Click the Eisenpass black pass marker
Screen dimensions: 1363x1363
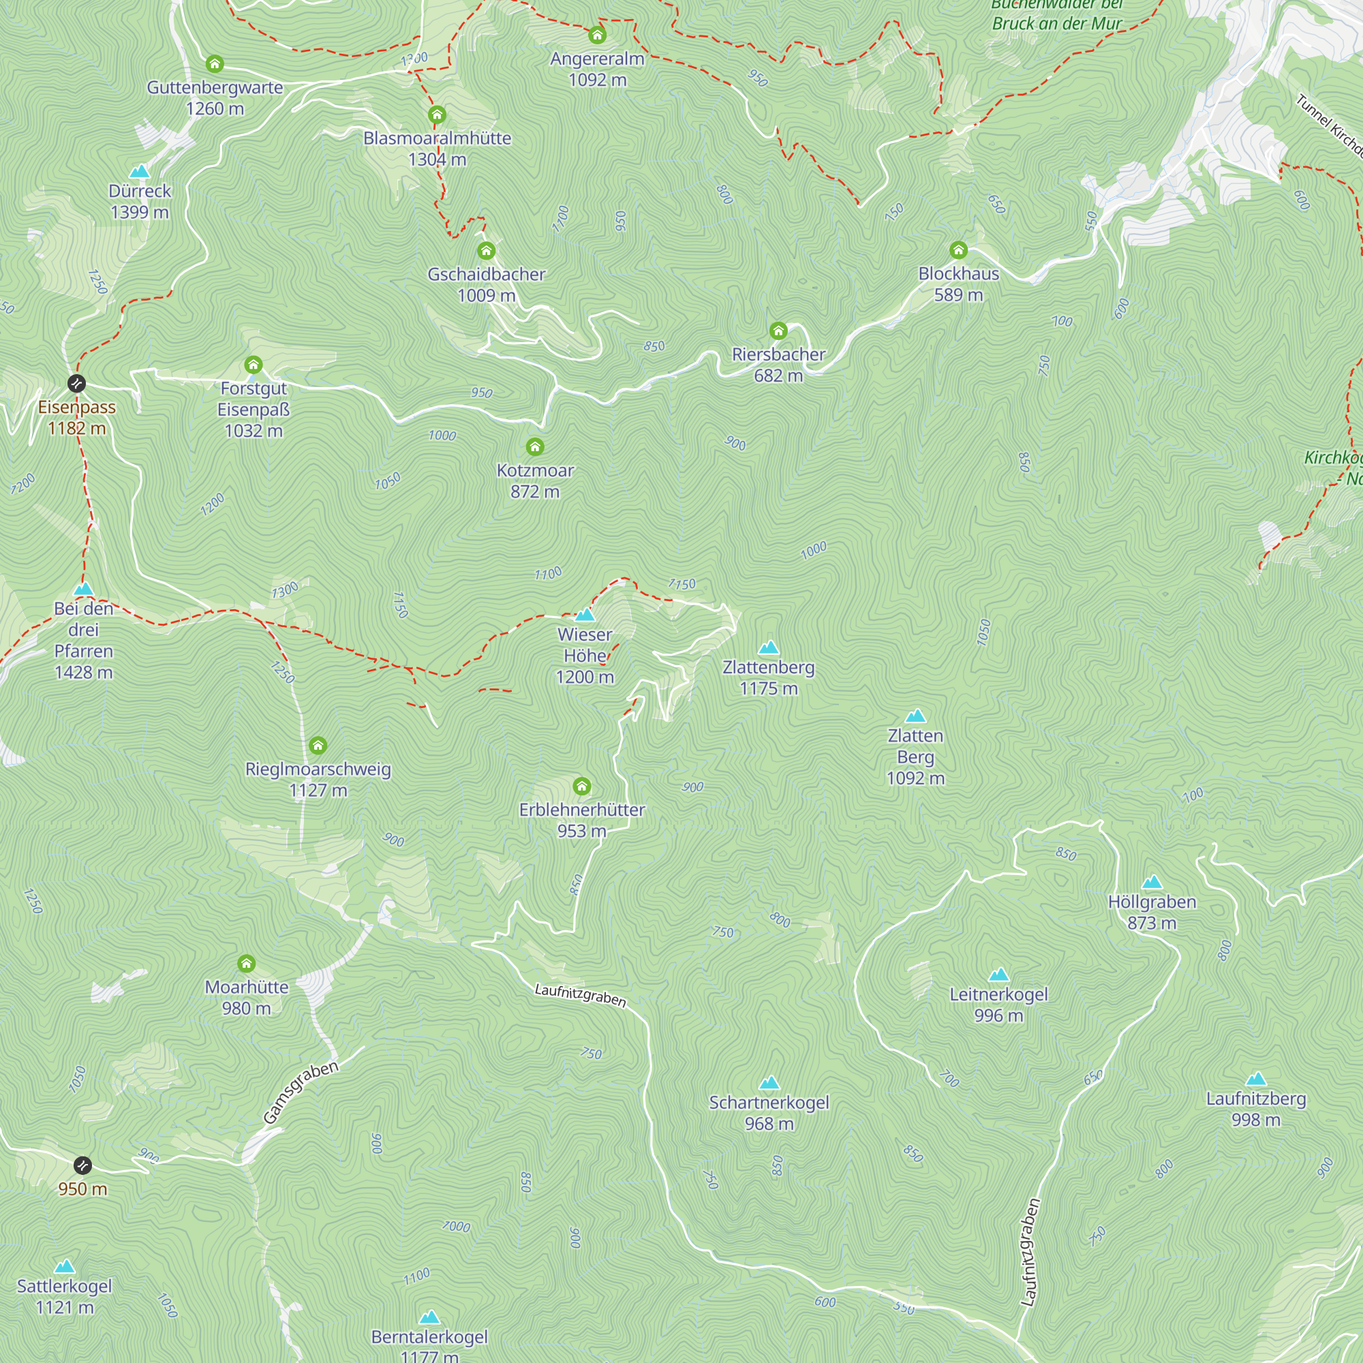coord(76,383)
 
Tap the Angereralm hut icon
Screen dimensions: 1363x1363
coord(597,35)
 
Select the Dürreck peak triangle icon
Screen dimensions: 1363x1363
coord(140,172)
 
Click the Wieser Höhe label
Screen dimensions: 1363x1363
coord(584,656)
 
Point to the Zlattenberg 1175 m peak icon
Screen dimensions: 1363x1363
coord(768,647)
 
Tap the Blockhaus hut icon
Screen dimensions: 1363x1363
coord(958,249)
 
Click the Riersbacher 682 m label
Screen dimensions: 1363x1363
coord(778,365)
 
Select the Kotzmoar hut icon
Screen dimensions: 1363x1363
coord(535,446)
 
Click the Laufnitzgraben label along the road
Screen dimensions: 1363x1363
coord(580,996)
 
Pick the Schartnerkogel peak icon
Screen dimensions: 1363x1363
coord(769,1083)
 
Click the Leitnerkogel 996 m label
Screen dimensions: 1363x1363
coord(998,1005)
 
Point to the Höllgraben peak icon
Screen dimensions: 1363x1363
coord(1151,882)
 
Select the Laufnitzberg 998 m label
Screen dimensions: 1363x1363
coord(1256,1109)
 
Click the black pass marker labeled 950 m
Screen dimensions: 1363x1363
coord(82,1165)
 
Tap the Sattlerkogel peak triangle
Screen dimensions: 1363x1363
coord(64,1266)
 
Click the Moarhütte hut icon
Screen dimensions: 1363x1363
coord(246,964)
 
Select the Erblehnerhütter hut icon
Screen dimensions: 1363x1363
coord(581,786)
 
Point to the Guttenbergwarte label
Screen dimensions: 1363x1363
coord(215,87)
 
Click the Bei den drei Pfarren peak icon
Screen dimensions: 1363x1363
coord(83,589)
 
